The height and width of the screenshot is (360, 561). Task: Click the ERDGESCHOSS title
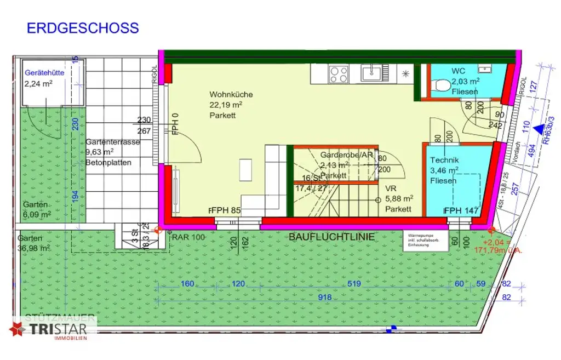coord(83,28)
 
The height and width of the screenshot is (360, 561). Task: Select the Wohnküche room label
coord(231,95)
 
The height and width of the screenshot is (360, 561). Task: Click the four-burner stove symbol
coord(339,73)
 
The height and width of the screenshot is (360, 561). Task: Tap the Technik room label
coord(444,160)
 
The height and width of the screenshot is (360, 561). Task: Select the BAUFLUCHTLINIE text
coord(331,237)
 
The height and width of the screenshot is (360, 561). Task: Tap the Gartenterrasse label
coord(112,142)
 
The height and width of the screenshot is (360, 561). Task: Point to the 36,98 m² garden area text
coord(34,248)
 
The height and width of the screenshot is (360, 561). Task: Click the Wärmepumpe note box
coord(421,240)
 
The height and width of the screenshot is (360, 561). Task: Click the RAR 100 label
coord(188,237)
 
